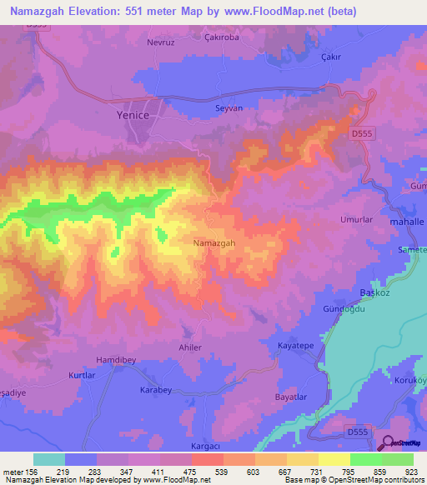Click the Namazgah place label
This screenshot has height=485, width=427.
[214, 242]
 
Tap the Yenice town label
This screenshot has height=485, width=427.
[132, 116]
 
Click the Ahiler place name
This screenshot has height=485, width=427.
[190, 347]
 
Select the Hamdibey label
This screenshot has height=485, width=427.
[93, 360]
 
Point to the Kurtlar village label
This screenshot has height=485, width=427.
[82, 376]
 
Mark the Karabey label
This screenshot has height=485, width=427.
[157, 390]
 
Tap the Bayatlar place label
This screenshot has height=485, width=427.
[294, 397]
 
